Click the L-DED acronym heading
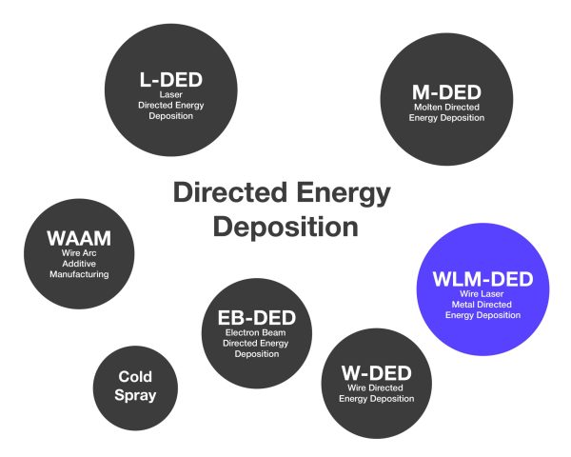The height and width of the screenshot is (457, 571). (171, 80)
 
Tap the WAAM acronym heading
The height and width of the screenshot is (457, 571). (79, 238)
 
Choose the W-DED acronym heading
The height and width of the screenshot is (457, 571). (377, 372)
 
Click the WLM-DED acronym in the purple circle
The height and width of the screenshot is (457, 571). (483, 282)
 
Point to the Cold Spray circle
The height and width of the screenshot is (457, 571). (136, 387)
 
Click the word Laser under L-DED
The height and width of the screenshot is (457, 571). (171, 95)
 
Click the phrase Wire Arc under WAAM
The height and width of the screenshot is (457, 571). (79, 253)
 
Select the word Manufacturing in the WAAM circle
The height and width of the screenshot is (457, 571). (79, 274)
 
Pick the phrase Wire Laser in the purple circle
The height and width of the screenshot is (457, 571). (483, 296)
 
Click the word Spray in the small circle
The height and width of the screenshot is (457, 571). (136, 395)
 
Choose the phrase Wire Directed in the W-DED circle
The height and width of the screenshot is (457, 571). (377, 387)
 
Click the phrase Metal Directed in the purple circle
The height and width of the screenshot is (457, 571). (483, 306)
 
